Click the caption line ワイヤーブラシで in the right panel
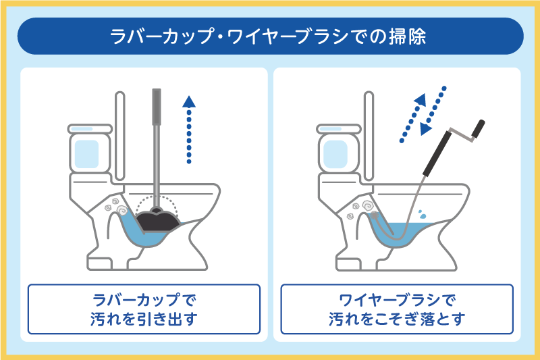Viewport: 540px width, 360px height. click(396, 298)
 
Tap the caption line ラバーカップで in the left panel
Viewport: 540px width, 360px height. click(143, 298)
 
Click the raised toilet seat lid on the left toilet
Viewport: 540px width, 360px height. click(120, 135)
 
